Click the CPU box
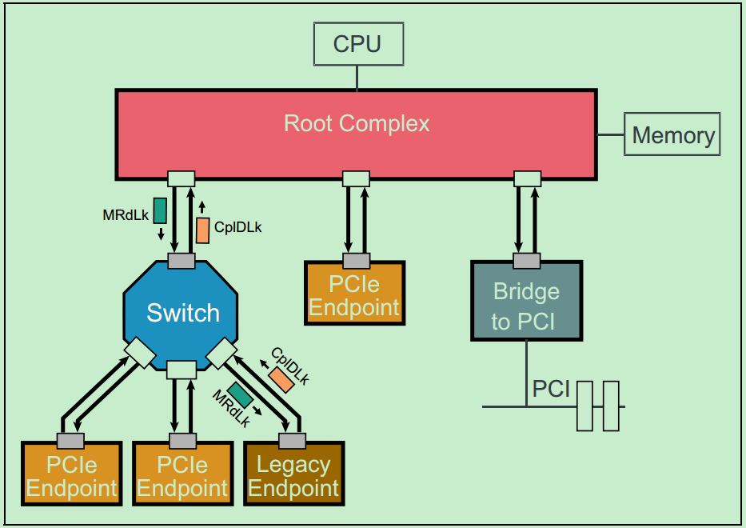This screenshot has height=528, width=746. click(357, 43)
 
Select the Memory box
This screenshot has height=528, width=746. click(672, 134)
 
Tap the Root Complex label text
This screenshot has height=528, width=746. click(357, 123)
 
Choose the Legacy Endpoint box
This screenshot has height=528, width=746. click(293, 475)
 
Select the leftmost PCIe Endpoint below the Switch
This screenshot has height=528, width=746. click(71, 475)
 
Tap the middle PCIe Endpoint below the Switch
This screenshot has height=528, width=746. click(182, 475)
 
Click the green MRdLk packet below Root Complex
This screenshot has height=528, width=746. click(160, 210)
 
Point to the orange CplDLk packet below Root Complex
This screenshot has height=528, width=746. click(203, 230)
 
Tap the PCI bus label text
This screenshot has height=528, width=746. click(551, 390)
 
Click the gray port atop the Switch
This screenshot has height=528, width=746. click(182, 261)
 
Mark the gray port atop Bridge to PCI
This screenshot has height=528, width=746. click(526, 261)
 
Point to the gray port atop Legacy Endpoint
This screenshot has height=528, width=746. click(292, 441)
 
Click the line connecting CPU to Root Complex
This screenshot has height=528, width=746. click(357, 77)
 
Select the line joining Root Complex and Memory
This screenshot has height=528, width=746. click(611, 134)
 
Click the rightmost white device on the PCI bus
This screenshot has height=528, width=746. click(611, 406)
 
